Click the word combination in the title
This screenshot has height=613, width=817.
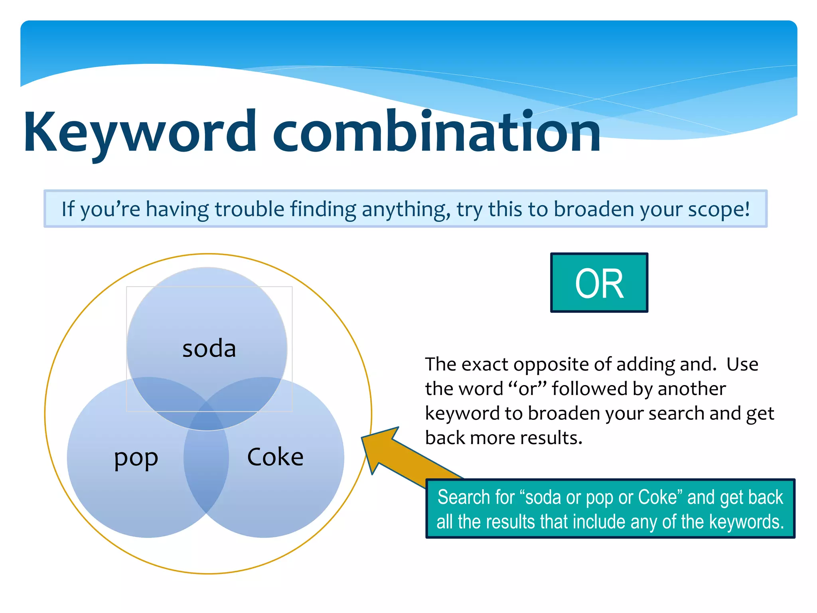437,132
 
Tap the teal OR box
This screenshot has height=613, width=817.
599,283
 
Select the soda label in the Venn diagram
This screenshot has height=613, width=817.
209,348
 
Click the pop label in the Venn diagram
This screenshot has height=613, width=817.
136,458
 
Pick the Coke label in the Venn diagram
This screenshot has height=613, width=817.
275,457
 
